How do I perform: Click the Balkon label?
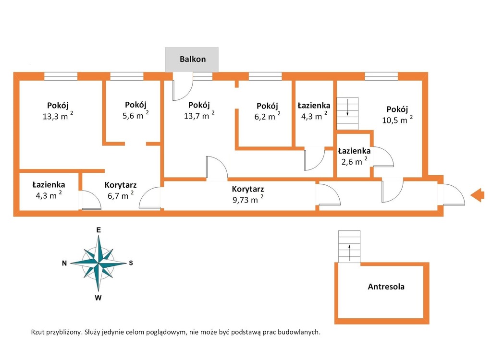[x=193, y=59]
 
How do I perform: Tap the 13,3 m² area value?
[x=58, y=116]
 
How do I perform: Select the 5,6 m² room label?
[x=135, y=115]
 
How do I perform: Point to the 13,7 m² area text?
[x=199, y=115]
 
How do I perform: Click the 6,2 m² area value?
[x=267, y=116]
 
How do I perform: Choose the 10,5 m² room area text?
[x=397, y=120]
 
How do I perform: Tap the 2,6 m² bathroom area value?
[x=354, y=161]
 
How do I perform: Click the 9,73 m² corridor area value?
[x=248, y=199]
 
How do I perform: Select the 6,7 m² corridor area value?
[x=121, y=195]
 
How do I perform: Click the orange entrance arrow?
[x=477, y=195]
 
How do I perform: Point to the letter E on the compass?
[x=98, y=230]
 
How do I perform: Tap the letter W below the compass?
[x=98, y=298]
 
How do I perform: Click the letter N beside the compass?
[x=64, y=263]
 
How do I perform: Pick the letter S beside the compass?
[x=131, y=263]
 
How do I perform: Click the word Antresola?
[x=386, y=286]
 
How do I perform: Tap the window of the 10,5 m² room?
[x=381, y=76]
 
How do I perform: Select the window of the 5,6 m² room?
[x=127, y=76]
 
